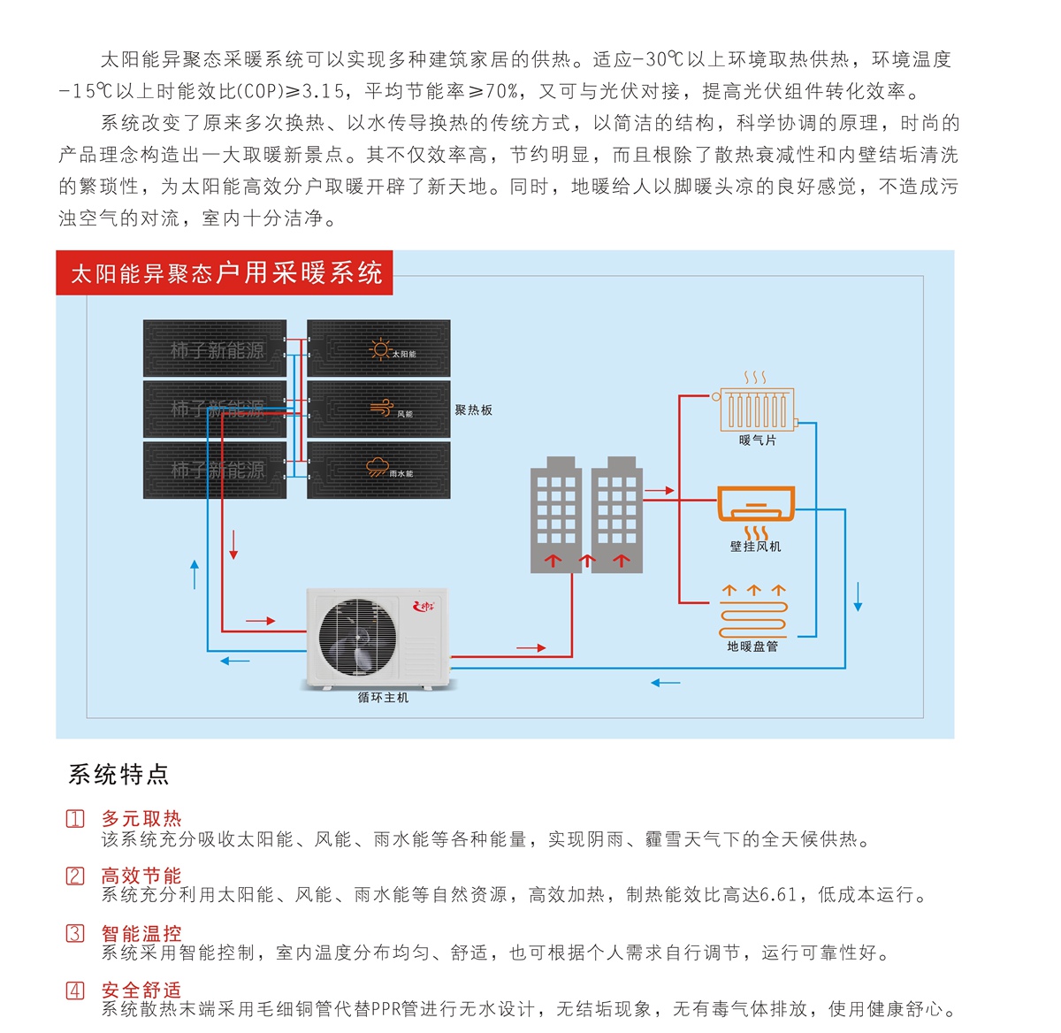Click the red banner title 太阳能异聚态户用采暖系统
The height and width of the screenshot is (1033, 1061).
point(225,273)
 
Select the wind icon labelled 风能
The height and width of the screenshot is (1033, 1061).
point(382,408)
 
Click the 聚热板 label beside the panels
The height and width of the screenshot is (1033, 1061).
point(474,410)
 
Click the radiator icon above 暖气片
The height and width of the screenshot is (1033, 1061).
point(757,407)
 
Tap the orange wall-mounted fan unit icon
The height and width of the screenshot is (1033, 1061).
point(756,503)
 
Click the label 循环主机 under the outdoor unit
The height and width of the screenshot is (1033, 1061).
point(383,698)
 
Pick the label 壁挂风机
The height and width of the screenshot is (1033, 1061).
point(755,547)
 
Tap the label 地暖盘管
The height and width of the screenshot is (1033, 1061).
point(752,647)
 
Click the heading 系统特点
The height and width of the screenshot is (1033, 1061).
point(118,775)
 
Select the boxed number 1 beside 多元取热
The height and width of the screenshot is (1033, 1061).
point(76,819)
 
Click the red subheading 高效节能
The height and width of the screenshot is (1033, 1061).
point(141,876)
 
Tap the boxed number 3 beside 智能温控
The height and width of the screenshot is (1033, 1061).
point(76,933)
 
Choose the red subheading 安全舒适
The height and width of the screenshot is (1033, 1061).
point(141,990)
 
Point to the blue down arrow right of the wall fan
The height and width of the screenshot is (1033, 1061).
point(858,597)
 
